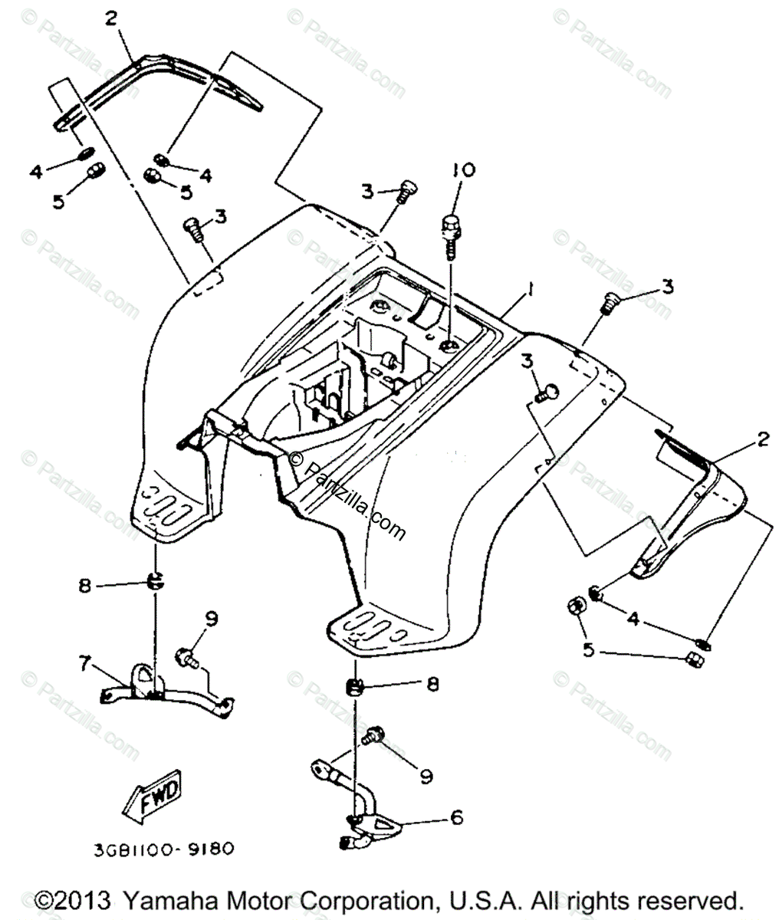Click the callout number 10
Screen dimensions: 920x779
463,169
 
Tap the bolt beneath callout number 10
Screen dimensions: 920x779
449,231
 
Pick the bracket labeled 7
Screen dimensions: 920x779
165,688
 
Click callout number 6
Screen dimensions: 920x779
456,817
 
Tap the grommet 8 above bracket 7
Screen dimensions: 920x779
155,581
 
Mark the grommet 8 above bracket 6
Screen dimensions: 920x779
355,686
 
